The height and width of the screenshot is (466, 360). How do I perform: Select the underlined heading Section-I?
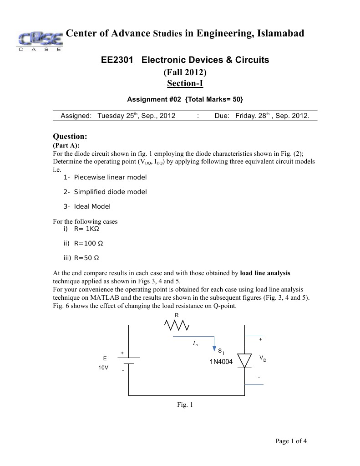tap(185, 83)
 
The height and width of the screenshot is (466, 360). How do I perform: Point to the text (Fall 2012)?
tap(185, 72)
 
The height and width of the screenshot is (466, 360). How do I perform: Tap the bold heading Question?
tap(70, 136)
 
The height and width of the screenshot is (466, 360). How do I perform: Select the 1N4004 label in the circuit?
tap(221, 362)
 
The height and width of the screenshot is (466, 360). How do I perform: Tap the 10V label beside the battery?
tap(103, 368)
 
